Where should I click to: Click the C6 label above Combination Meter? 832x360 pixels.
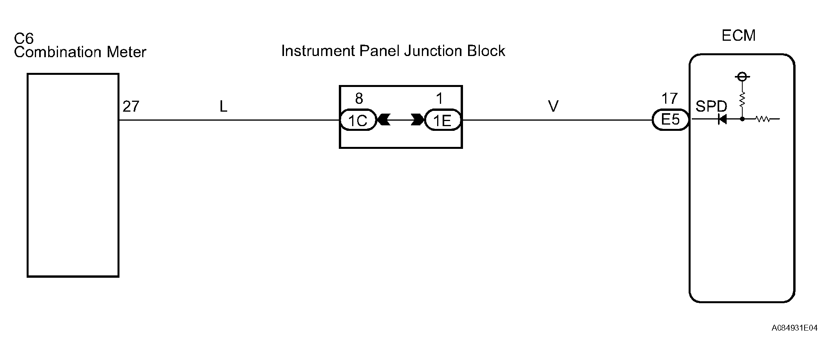pyautogui.click(x=24, y=38)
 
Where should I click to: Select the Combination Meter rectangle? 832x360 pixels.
pyautogui.click(x=73, y=175)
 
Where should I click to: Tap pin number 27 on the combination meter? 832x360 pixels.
pyautogui.click(x=131, y=107)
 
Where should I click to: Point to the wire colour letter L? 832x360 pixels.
pyautogui.click(x=223, y=106)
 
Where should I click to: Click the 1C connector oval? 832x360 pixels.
pyautogui.click(x=358, y=120)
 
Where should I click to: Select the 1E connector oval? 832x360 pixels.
pyautogui.click(x=442, y=120)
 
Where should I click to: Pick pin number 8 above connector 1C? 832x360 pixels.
pyautogui.click(x=359, y=99)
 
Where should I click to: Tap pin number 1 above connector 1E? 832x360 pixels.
pyautogui.click(x=440, y=99)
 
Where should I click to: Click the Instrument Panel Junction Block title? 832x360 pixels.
pyautogui.click(x=393, y=51)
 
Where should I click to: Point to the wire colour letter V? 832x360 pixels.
pyautogui.click(x=553, y=106)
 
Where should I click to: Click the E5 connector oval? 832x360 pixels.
pyautogui.click(x=670, y=119)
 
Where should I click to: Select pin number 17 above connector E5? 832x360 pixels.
pyautogui.click(x=669, y=99)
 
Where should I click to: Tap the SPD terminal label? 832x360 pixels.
pyautogui.click(x=711, y=106)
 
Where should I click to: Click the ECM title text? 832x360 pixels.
pyautogui.click(x=738, y=36)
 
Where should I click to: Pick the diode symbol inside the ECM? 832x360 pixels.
pyautogui.click(x=722, y=119)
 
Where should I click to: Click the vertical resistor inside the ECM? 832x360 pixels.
pyautogui.click(x=742, y=99)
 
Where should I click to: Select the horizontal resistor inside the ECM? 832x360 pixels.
pyautogui.click(x=763, y=119)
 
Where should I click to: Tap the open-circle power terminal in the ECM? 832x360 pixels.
pyautogui.click(x=742, y=77)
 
